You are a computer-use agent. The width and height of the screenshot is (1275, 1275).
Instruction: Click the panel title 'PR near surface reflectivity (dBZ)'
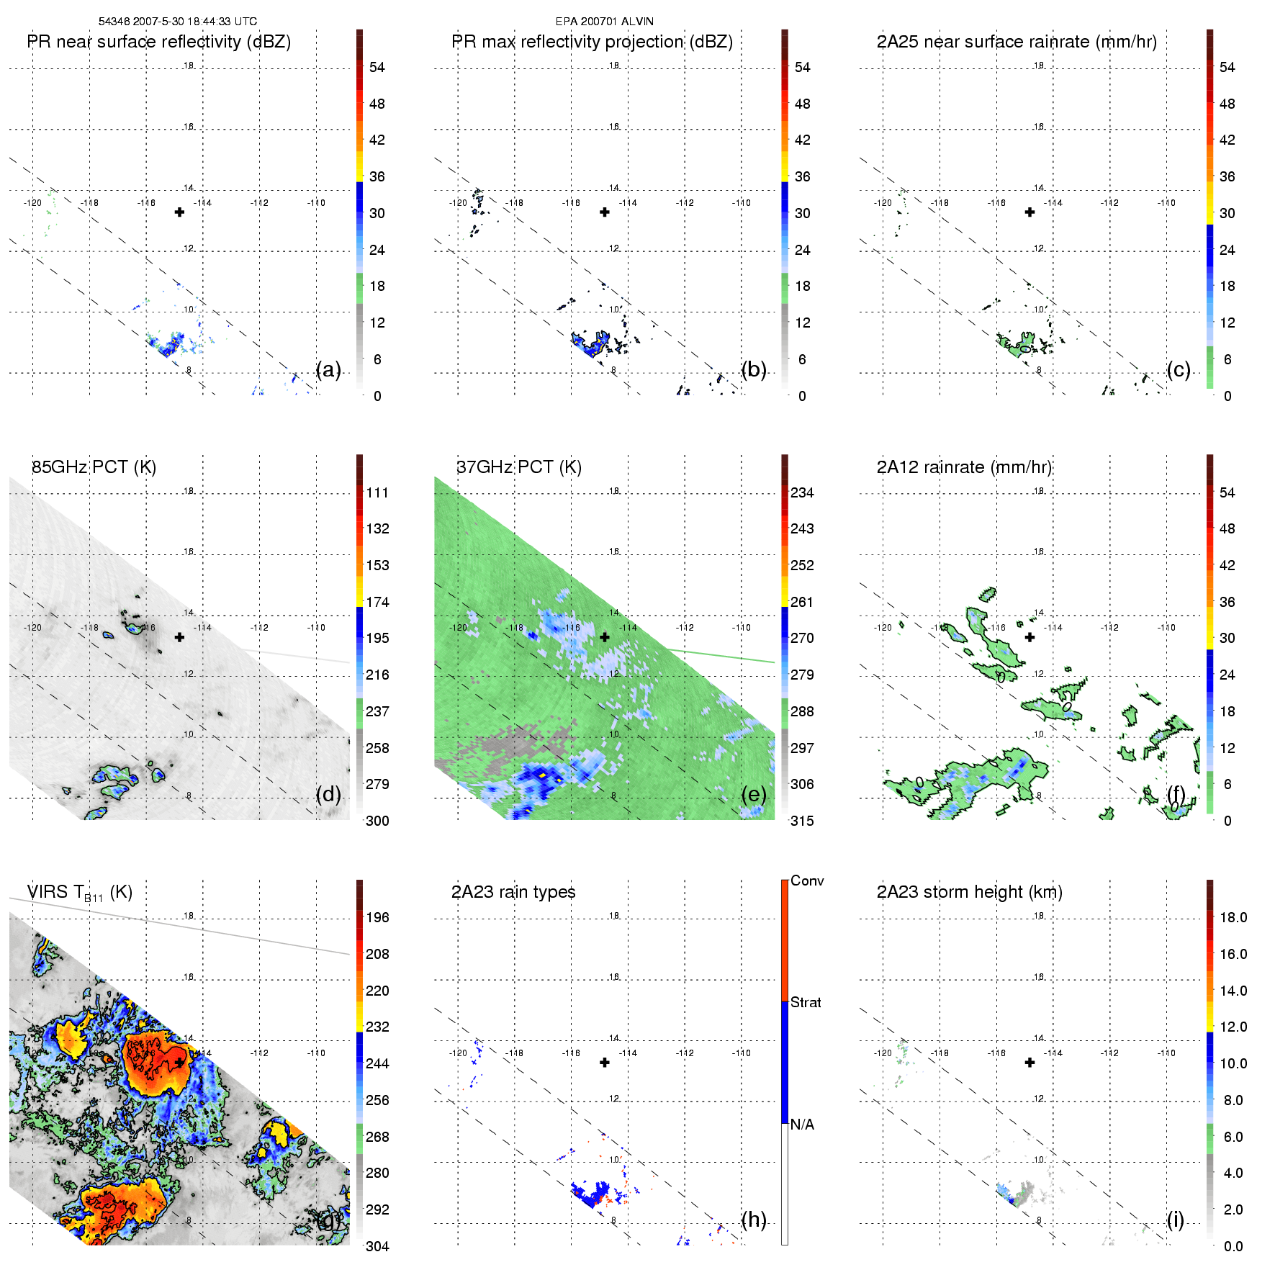pos(158,42)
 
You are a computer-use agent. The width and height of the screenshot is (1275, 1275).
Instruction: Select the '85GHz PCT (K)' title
pos(94,467)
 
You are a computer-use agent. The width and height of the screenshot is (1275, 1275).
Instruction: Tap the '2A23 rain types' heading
pos(513,892)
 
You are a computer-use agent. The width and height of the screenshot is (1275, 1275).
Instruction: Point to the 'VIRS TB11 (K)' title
pos(79,893)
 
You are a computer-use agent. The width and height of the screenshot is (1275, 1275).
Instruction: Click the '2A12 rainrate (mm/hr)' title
pos(964,467)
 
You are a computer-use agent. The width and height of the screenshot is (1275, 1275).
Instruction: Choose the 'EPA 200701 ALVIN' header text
pos(604,22)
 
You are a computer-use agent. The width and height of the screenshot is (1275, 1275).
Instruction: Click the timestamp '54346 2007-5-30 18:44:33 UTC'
pos(177,22)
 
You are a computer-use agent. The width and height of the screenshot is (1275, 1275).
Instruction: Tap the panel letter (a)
pos(328,369)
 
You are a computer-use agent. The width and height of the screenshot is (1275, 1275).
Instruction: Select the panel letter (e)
pos(753,794)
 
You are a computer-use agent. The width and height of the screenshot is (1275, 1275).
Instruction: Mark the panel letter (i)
pos(1175,1220)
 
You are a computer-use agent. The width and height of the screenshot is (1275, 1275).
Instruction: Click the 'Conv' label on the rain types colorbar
pos(807,880)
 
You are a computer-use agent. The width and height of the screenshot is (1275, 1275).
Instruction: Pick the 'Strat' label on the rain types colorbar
pos(806,1002)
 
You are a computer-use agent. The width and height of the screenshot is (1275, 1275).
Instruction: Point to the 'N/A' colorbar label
pos(802,1125)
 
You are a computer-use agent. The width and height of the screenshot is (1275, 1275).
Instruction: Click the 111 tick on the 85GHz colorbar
pos(377,492)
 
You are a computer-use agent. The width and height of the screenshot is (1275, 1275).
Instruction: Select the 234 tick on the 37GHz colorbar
pos(802,492)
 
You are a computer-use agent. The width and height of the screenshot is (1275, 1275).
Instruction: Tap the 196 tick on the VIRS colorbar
pos(377,917)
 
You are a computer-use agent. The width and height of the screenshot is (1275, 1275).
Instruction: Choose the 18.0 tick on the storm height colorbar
pos(1233,917)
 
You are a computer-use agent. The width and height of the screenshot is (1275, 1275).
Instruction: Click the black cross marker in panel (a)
pos(179,212)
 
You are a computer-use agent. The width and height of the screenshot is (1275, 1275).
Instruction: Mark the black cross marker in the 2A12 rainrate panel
pos(1030,637)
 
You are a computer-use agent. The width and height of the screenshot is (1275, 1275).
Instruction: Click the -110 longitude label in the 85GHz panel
pos(316,628)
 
